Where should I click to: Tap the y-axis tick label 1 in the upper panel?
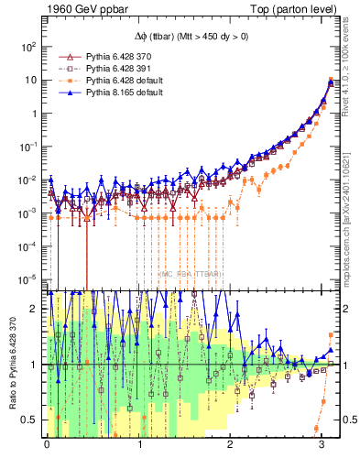pos(36,114)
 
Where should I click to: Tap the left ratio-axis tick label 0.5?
pos(32,420)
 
